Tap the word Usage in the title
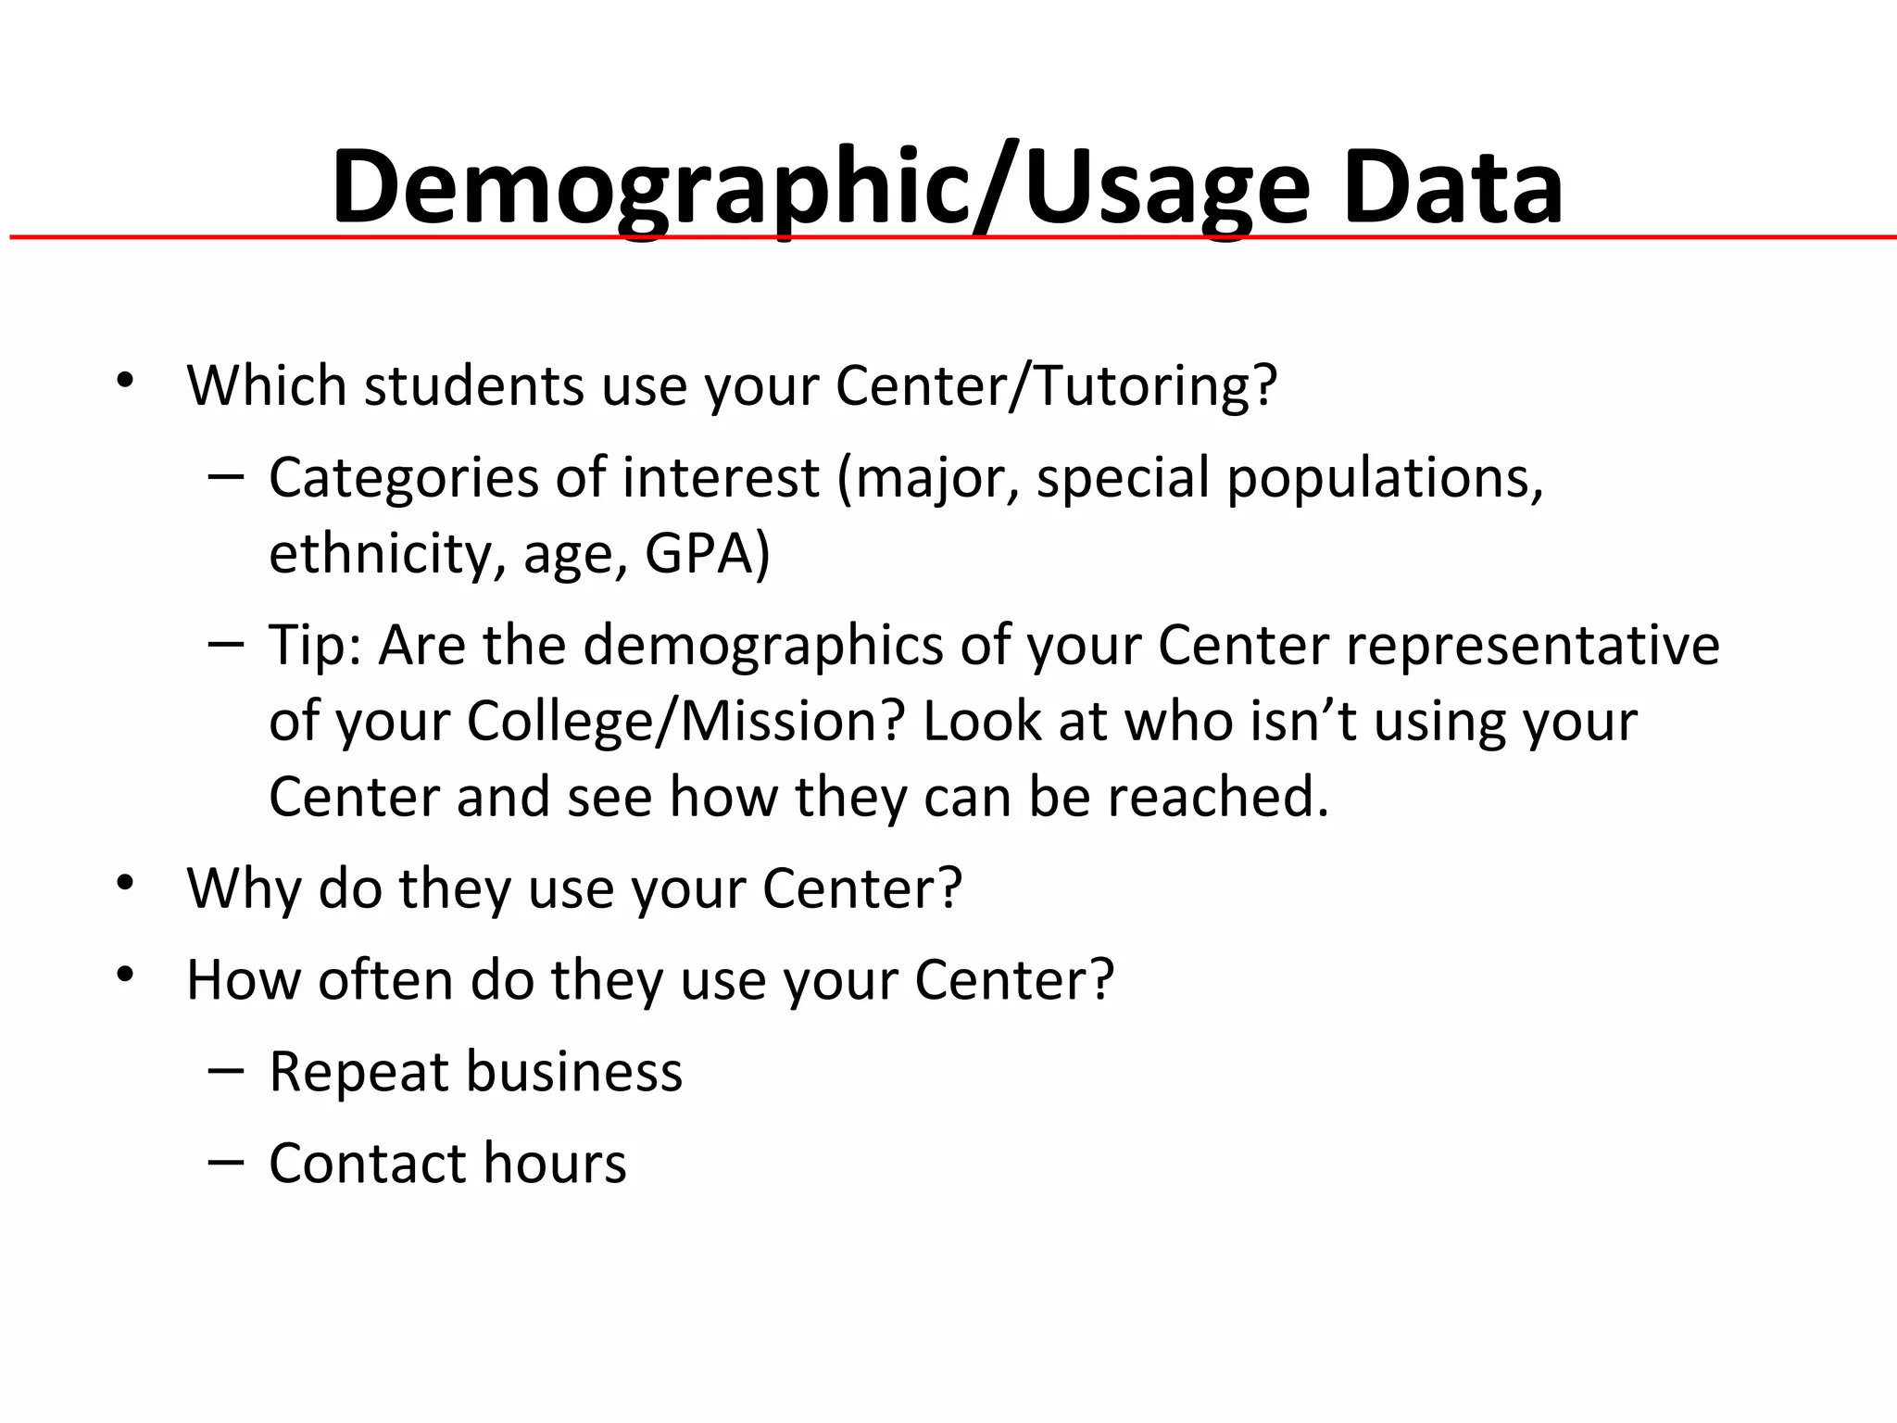coord(1167,189)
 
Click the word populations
coord(1384,479)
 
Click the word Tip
coord(315,645)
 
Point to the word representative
coord(1533,645)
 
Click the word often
coord(385,980)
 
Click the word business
coord(573,1072)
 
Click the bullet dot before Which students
coord(126,379)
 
